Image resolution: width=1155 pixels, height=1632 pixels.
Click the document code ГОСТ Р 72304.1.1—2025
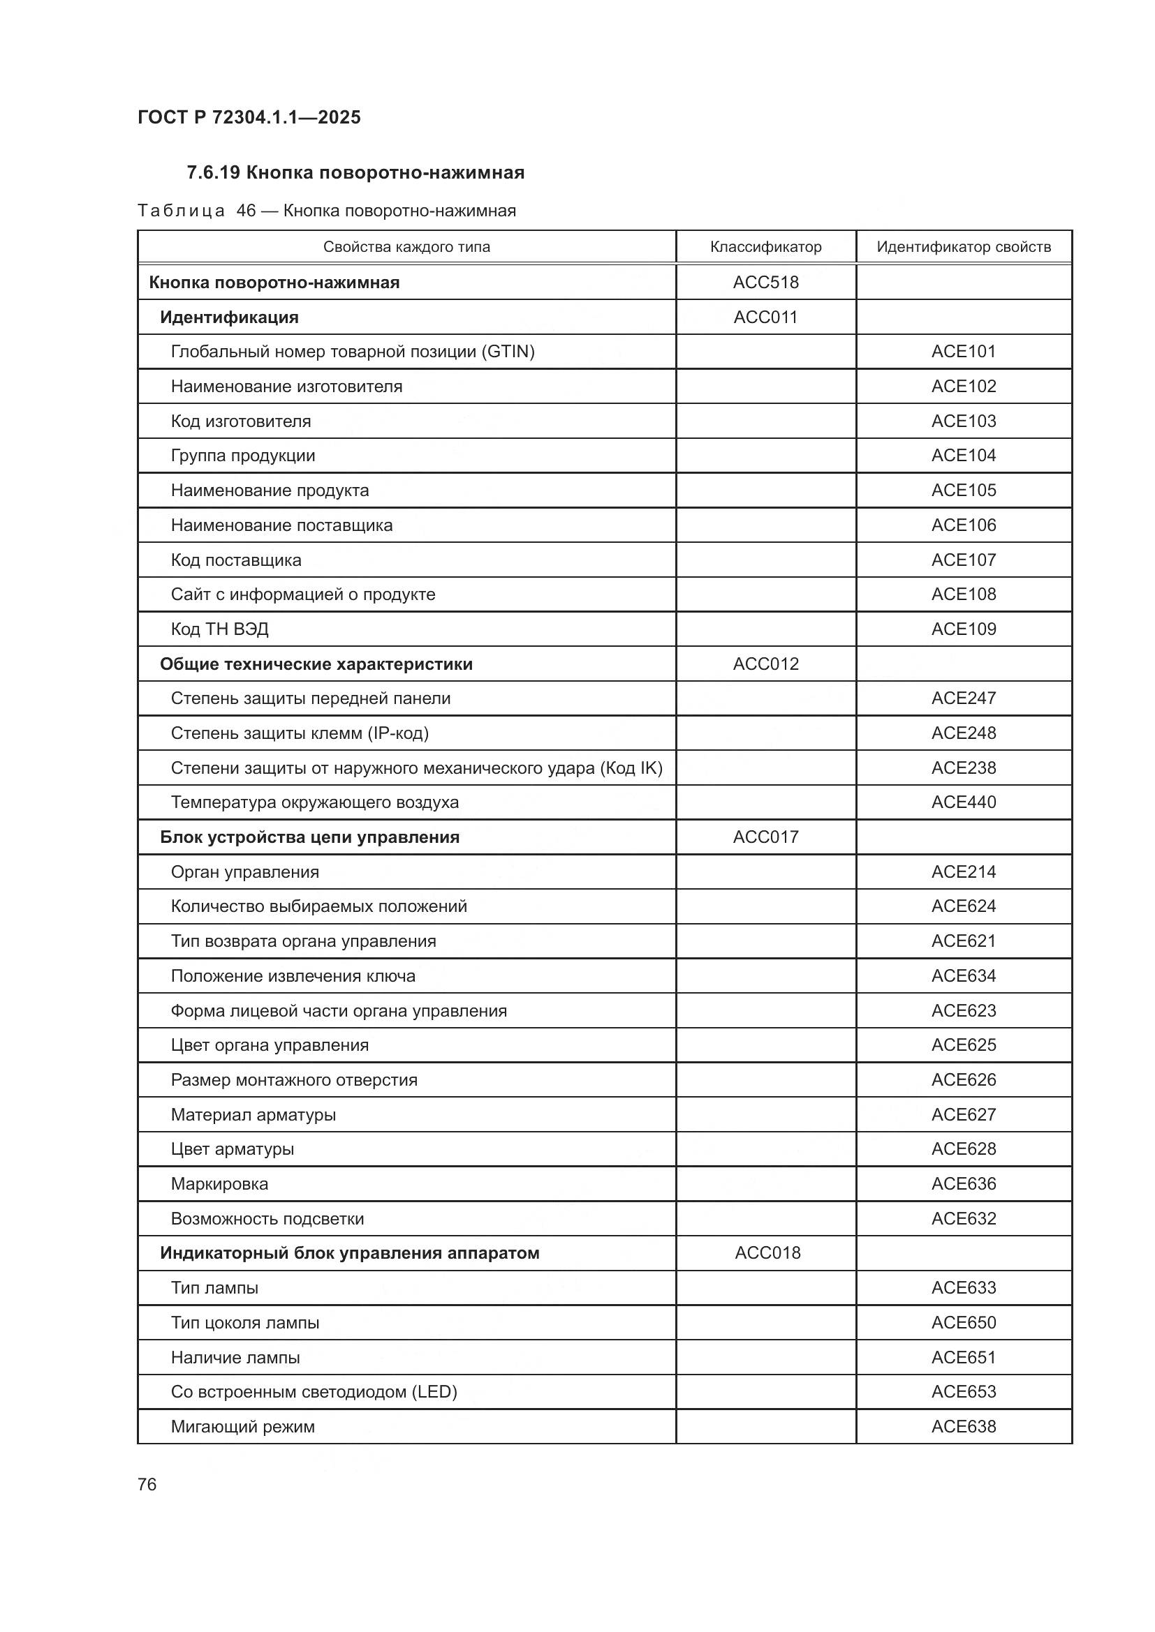click(249, 117)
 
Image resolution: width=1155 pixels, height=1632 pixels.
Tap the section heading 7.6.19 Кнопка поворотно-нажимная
click(355, 173)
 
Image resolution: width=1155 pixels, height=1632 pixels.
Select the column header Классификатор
click(765, 246)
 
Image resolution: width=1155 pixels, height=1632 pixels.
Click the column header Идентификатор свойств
click(963, 246)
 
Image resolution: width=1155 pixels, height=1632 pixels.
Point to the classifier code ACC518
click(765, 282)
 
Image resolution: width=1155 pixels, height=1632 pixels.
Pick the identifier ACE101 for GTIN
click(963, 351)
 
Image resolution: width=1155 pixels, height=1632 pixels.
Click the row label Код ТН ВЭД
click(220, 629)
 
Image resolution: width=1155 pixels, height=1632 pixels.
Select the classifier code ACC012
click(765, 664)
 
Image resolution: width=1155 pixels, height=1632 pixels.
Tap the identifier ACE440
click(963, 802)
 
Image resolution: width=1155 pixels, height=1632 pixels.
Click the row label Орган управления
click(244, 872)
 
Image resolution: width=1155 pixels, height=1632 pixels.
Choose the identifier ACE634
click(963, 976)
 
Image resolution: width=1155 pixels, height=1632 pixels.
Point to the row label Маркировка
click(219, 1184)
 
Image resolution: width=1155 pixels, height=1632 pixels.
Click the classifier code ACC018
click(767, 1252)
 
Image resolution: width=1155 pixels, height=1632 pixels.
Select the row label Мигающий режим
click(242, 1427)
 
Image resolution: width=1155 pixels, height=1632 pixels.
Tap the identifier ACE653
click(963, 1392)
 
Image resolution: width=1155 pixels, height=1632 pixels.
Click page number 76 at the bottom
click(147, 1484)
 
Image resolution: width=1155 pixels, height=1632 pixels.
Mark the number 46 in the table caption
click(246, 211)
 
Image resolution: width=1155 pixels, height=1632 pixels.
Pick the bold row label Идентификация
click(229, 317)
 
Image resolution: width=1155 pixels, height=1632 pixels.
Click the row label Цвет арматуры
click(232, 1149)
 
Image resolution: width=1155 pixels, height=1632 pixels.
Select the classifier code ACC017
click(765, 837)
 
